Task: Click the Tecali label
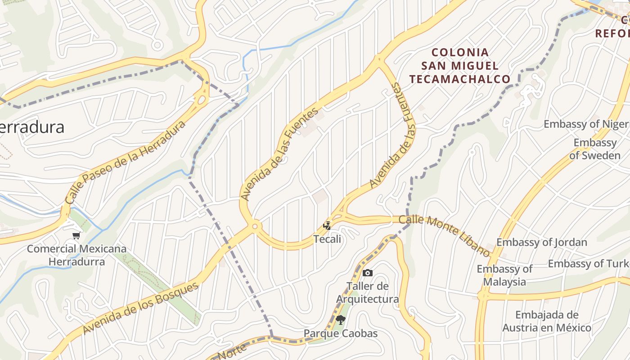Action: tap(327, 239)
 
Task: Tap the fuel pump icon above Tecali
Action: tap(327, 226)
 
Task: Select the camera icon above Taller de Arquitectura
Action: tap(368, 273)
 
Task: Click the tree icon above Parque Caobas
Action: tap(341, 320)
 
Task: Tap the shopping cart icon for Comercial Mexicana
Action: tap(76, 235)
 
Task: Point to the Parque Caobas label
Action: tap(341, 333)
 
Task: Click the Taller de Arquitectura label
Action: tap(368, 292)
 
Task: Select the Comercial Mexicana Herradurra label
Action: tap(76, 255)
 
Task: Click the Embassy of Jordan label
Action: tap(541, 242)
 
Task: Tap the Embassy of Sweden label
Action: tap(595, 149)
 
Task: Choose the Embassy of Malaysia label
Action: tap(504, 275)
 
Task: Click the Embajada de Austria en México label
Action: tap(547, 321)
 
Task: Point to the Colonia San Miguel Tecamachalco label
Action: tap(460, 66)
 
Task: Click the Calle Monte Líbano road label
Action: tap(445, 234)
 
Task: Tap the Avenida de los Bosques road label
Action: tap(140, 308)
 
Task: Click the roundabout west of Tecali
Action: tap(255, 226)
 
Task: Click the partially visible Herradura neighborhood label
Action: tap(31, 127)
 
